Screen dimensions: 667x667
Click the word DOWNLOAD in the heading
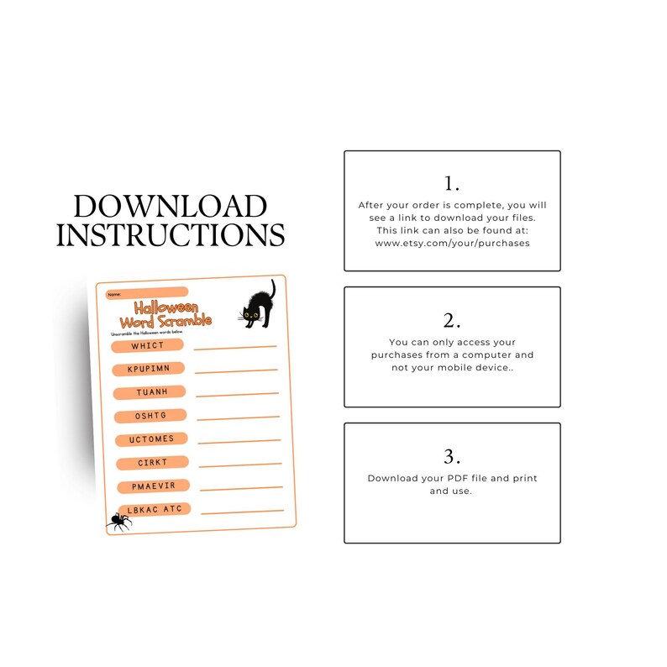[170, 207]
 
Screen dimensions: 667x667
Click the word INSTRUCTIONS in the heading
[170, 234]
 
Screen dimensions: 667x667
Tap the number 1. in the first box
[452, 183]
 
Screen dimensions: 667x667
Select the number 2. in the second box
[452, 320]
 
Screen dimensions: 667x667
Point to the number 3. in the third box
[452, 456]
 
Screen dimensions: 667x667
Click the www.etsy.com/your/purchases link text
[452, 244]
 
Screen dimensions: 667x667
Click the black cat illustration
[256, 305]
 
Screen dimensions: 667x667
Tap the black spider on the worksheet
[119, 522]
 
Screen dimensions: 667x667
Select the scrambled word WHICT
[148, 345]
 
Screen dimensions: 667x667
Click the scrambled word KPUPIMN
[149, 369]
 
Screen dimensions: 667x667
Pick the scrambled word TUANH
[150, 392]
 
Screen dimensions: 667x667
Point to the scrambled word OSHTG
[150, 416]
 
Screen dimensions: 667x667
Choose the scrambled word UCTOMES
[151, 439]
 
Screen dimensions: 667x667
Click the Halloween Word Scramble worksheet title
[165, 314]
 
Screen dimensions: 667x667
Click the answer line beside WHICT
[235, 346]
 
